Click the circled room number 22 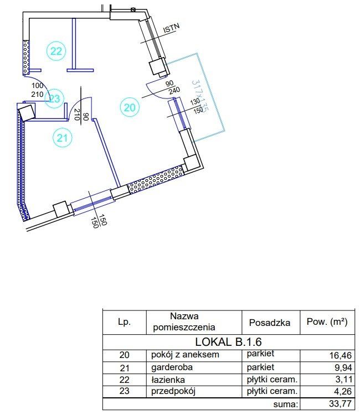[x=56, y=51]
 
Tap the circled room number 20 [x=130, y=107]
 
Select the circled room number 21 [x=62, y=138]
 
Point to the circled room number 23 [x=54, y=98]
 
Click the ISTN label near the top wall [x=171, y=28]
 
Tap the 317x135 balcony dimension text [x=200, y=97]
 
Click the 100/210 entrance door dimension [x=37, y=90]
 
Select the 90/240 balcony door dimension [x=173, y=87]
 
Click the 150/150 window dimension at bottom [x=99, y=220]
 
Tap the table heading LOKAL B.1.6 [x=228, y=342]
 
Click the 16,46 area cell [x=341, y=355]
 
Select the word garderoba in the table [x=172, y=367]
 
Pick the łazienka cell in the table [x=168, y=380]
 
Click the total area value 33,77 [x=341, y=403]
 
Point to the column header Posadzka [x=269, y=323]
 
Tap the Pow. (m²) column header [x=327, y=321]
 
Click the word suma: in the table [x=286, y=404]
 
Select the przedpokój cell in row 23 [x=173, y=391]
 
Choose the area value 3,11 [x=343, y=380]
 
